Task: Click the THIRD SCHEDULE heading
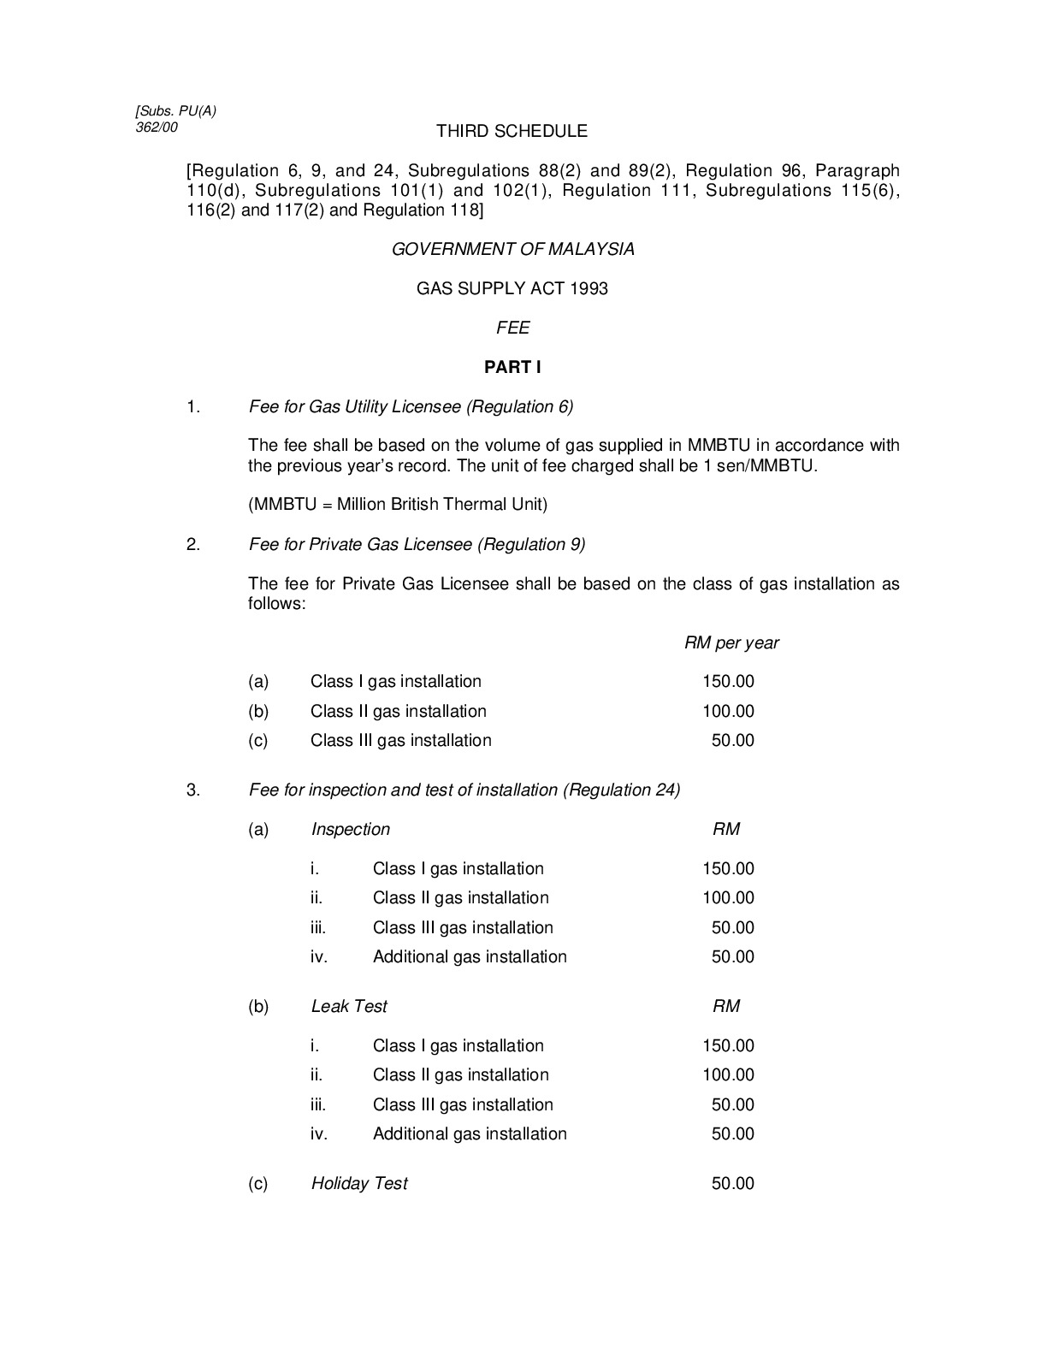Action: [512, 131]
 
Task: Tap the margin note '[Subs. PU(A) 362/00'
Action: [175, 119]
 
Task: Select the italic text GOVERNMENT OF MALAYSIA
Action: [512, 249]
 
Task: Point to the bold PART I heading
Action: [512, 367]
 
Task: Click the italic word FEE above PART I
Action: [512, 328]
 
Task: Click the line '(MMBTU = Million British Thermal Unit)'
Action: [398, 504]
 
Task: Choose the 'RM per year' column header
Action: [731, 642]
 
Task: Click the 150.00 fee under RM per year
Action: [728, 682]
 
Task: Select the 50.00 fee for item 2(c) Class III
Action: [732, 741]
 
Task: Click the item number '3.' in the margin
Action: [193, 790]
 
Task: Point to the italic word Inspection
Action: [350, 829]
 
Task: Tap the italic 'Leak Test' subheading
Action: [349, 1006]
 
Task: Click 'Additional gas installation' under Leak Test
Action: [470, 1133]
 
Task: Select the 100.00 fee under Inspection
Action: [728, 898]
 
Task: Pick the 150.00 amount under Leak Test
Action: [728, 1045]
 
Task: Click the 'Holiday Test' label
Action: [359, 1183]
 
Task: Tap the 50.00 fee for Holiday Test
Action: [732, 1183]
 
